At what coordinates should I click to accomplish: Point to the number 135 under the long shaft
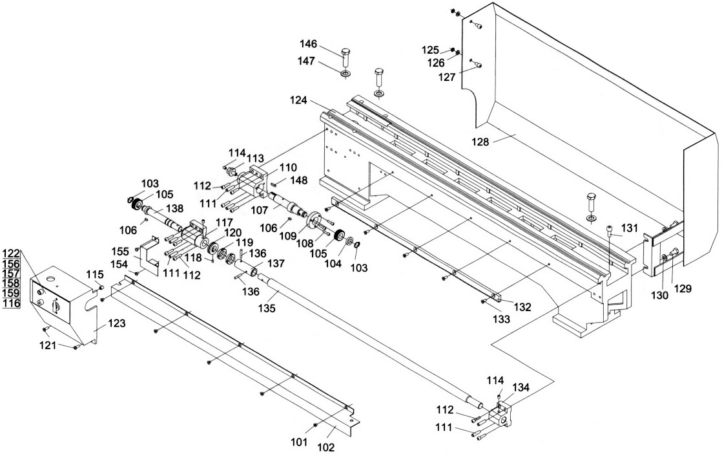(268, 308)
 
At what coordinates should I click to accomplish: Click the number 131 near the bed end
(630, 228)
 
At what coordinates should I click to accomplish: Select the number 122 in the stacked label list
(11, 254)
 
